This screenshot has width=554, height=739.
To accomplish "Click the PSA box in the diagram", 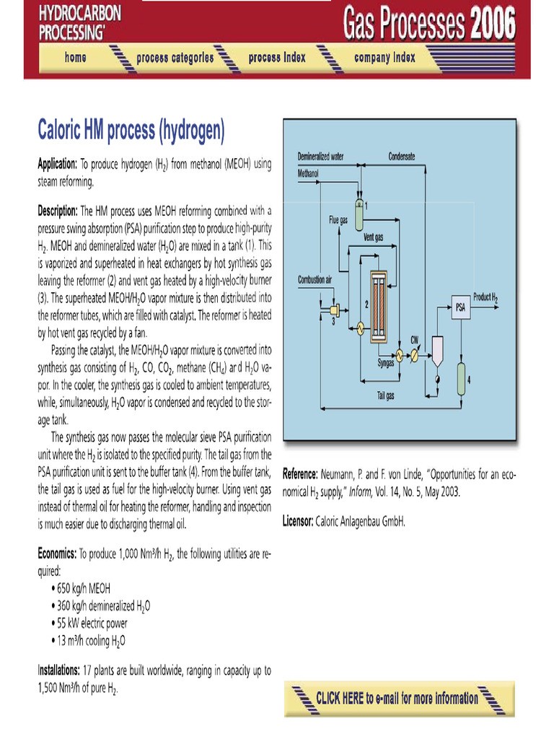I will click(x=460, y=309).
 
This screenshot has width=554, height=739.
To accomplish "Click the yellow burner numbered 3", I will click(x=336, y=310).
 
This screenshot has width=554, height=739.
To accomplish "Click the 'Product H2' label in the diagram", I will click(x=485, y=297).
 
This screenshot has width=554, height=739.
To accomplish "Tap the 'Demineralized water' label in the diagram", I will click(x=320, y=157).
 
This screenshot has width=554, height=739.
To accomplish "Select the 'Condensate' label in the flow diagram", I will click(x=401, y=157).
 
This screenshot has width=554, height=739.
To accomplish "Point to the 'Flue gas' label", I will click(x=338, y=220).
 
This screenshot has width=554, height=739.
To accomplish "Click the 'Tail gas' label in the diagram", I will click(x=386, y=396).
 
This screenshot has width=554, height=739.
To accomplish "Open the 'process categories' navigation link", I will click(x=175, y=58).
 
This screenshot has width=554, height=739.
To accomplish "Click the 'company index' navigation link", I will click(x=384, y=58).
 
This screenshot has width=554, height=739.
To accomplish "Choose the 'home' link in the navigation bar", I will click(x=75, y=58).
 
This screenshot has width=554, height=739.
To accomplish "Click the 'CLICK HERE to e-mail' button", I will click(x=397, y=698).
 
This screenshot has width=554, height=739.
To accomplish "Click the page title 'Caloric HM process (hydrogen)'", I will click(x=131, y=131).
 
